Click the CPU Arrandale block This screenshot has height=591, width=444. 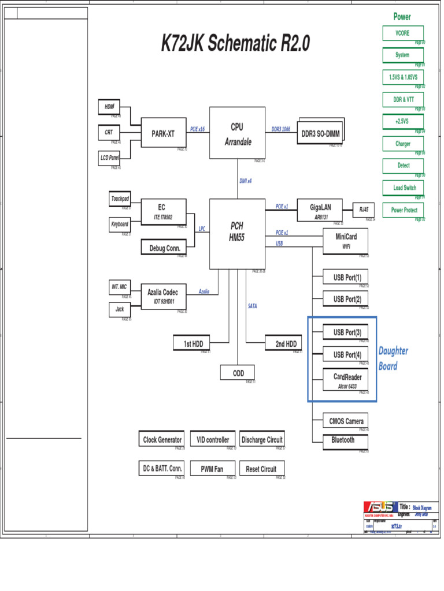click(237, 133)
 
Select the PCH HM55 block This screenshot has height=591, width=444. click(237, 233)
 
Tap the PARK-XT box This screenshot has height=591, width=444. click(163, 134)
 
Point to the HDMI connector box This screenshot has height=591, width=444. click(109, 107)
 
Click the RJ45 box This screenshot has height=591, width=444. click(364, 210)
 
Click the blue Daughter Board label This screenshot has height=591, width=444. click(393, 358)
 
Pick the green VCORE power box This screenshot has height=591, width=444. click(402, 33)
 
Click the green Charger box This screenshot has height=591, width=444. click(402, 144)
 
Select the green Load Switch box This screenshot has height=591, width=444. click(402, 188)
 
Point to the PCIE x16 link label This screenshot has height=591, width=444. click(198, 129)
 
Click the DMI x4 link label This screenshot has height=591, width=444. click(246, 181)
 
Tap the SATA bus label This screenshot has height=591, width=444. click(253, 306)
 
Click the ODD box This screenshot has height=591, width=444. click(238, 373)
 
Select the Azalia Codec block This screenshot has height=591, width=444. click(163, 296)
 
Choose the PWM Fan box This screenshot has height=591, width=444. click(212, 469)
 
